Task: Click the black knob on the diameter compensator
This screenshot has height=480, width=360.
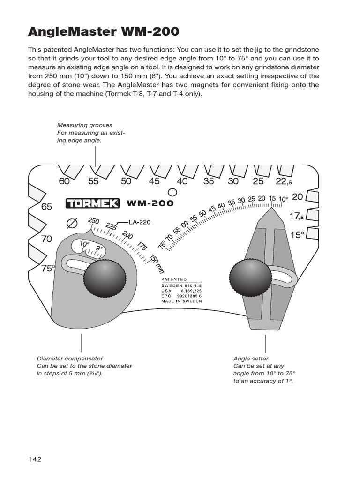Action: [x=105, y=278]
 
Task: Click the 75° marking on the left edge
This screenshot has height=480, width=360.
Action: [x=48, y=268]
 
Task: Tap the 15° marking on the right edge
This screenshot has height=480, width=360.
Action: [x=297, y=234]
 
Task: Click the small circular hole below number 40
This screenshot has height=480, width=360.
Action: [x=172, y=192]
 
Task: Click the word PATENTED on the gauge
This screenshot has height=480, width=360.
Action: [x=173, y=279]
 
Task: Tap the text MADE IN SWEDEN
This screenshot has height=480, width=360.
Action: [x=181, y=301]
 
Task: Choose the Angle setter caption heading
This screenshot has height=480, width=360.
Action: [x=251, y=359]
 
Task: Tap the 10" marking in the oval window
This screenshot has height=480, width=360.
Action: [x=84, y=244]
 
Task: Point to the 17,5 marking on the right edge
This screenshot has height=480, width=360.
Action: [x=297, y=216]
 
